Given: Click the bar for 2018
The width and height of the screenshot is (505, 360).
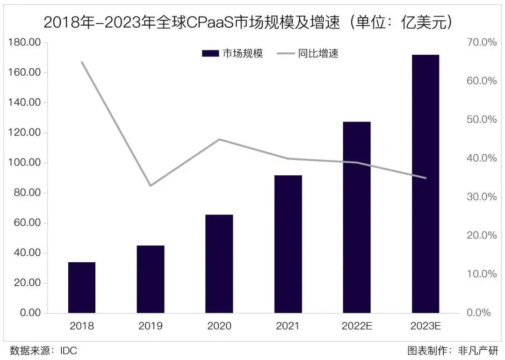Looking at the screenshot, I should (x=82, y=287).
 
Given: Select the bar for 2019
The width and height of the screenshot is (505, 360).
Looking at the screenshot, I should (x=151, y=279).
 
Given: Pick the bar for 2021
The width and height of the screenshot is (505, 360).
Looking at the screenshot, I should (x=288, y=244).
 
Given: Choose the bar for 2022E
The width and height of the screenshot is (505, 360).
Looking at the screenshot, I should (x=357, y=217).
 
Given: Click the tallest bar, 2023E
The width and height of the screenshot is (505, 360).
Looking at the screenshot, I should (x=426, y=184).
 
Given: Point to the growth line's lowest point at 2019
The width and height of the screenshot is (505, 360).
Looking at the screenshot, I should (x=151, y=186).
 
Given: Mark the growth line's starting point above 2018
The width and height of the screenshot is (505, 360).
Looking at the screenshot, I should (x=82, y=62).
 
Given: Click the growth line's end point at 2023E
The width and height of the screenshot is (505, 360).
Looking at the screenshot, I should (x=426, y=178).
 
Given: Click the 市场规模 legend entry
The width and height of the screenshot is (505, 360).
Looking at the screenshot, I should (x=232, y=53).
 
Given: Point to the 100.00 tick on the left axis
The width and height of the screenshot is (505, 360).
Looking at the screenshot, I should (x=24, y=163).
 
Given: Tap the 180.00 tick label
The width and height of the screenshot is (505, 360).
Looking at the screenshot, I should (x=24, y=43).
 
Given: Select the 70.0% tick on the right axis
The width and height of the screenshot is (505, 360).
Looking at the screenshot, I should (x=482, y=43).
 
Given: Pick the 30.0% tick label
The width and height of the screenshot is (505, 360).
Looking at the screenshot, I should (x=482, y=197).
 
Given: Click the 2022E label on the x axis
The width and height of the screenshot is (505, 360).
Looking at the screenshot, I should (x=357, y=326).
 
